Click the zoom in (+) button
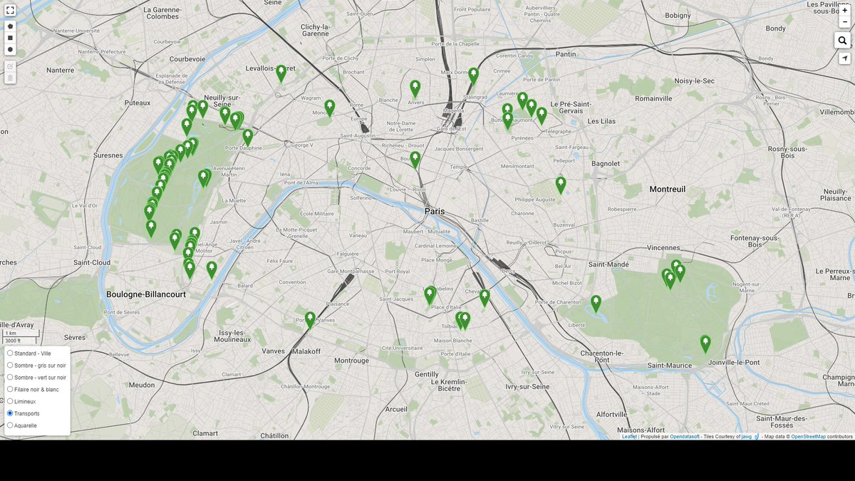pyautogui.click(x=844, y=11)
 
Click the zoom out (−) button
pyautogui.click(x=844, y=22)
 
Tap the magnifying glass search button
pyautogui.click(x=844, y=41)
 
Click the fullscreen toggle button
pyautogui.click(x=10, y=11)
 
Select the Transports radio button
pyautogui.click(x=10, y=413)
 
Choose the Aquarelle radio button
pyautogui.click(x=10, y=425)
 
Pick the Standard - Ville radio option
pyautogui.click(x=10, y=353)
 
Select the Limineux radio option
pyautogui.click(x=10, y=401)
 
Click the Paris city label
pyautogui.click(x=435, y=212)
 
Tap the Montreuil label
pyautogui.click(x=667, y=189)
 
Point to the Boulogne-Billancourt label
pyautogui.click(x=146, y=294)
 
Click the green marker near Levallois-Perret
pyautogui.click(x=281, y=72)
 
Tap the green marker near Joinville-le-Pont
pyautogui.click(x=705, y=343)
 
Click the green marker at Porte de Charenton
pyautogui.click(x=596, y=303)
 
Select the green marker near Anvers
pyautogui.click(x=415, y=88)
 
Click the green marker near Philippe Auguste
pyautogui.click(x=561, y=184)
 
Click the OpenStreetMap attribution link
pyautogui.click(x=808, y=436)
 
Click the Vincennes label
pyautogui.click(x=664, y=247)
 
